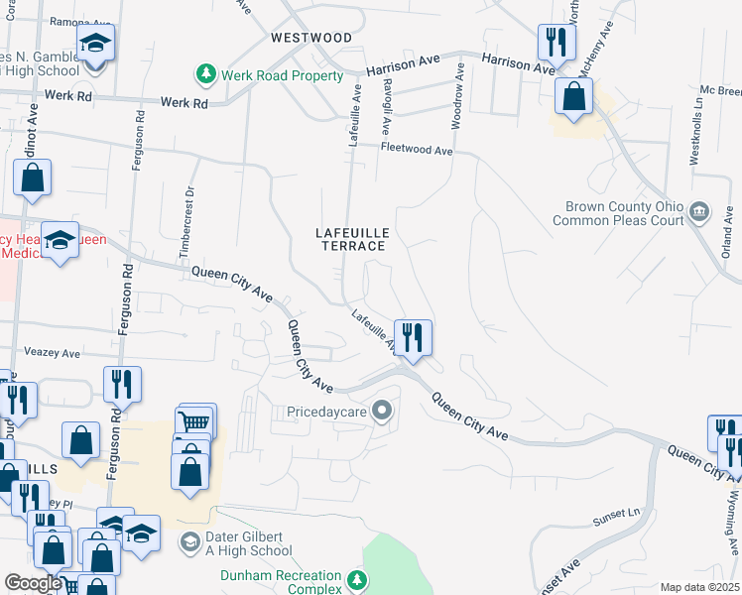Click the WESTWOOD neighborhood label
[311, 38]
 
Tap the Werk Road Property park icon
[205, 73]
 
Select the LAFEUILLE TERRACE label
[351, 238]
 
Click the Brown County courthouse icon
[698, 211]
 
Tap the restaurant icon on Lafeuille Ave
[413, 337]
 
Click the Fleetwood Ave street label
[417, 151]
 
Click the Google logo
[33, 583]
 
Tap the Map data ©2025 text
[698, 587]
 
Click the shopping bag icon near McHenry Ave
[573, 97]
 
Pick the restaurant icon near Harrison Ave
[554, 42]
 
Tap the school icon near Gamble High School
[96, 44]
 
